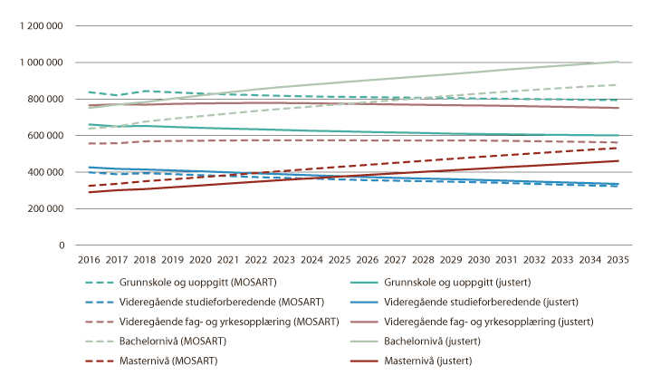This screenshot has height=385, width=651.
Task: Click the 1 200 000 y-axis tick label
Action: coord(37,26)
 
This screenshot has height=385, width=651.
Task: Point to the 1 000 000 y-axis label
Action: coord(37,63)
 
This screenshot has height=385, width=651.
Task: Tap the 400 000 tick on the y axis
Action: coord(43,172)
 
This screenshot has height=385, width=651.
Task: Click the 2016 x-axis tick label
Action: coord(88,259)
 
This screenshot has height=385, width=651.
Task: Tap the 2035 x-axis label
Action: coord(617,259)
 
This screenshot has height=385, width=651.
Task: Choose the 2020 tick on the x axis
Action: coord(199,259)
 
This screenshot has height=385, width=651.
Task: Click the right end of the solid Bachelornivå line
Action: coord(617,63)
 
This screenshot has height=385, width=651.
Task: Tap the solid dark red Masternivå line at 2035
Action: coord(617,160)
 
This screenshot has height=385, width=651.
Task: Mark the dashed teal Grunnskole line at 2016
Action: coord(88,92)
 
